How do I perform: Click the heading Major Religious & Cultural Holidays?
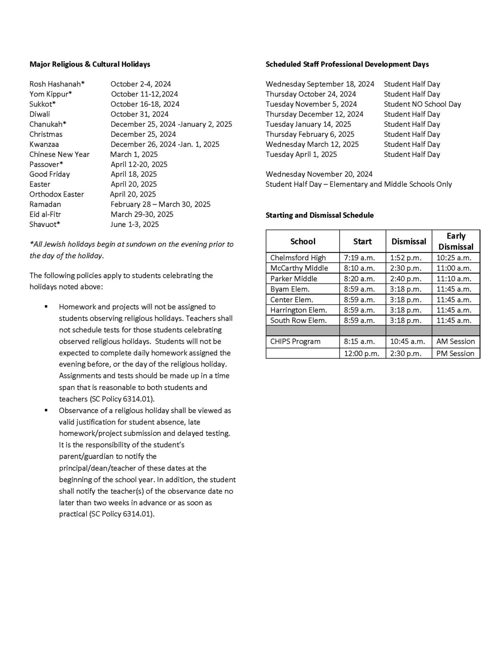[90, 64]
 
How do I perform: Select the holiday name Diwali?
[39, 114]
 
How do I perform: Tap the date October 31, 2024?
[139, 114]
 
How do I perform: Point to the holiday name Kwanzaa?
[44, 144]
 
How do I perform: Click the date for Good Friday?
[133, 174]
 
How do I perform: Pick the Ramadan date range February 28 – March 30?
[160, 204]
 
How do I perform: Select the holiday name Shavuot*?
[44, 224]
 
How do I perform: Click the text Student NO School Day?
[422, 104]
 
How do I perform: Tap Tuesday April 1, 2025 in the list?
[301, 154]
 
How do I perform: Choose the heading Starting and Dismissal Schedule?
[319, 215]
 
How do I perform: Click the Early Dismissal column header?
[456, 241]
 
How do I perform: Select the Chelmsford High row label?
[297, 258]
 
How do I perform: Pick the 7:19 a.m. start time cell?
[359, 258]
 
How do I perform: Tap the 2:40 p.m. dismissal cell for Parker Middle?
[405, 279]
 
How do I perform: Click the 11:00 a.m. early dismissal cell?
[453, 268]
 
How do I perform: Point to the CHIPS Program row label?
[295, 342]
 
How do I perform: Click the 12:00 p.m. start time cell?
[361, 354]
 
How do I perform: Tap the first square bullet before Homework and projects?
[46, 307]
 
